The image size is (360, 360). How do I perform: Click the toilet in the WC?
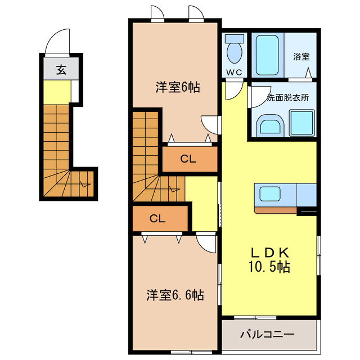[x=234, y=51]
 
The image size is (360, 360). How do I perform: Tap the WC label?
[x=233, y=72]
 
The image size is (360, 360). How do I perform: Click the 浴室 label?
[x=301, y=56]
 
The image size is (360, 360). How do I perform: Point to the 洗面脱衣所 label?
[x=287, y=96]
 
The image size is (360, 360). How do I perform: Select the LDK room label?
[x=269, y=253]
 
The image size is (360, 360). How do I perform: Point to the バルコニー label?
[x=267, y=335]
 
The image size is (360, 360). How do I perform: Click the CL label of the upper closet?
[x=188, y=159]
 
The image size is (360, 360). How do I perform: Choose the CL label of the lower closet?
[x=157, y=219]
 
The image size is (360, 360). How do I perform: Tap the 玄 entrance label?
[x=60, y=70]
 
